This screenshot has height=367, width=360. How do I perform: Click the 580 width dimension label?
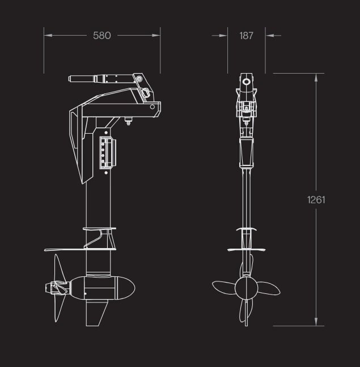tap(102, 36)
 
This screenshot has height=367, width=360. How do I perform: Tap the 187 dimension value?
tap(246, 36)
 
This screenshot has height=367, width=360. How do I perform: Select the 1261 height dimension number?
tap(316, 199)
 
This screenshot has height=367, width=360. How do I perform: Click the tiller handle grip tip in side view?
tap(72, 79)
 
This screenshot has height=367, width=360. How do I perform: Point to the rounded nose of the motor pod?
tap(131, 286)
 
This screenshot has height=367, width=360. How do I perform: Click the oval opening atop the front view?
tap(246, 82)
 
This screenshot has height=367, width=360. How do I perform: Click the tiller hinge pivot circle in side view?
tap(145, 91)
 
